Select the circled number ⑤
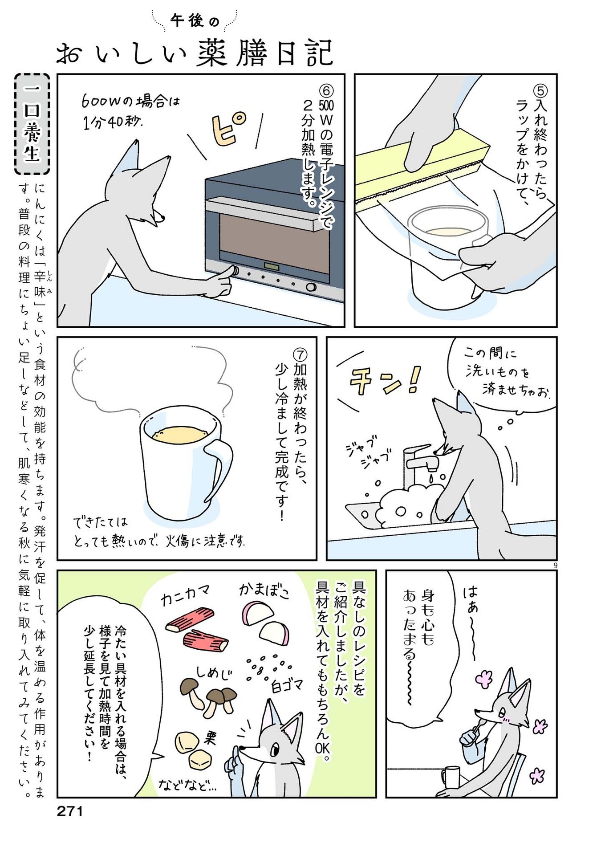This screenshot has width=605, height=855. pos(540,91)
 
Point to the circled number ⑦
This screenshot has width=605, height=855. pos(300,354)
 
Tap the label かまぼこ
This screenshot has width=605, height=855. pos(264,590)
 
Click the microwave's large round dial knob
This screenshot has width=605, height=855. pos(311,287)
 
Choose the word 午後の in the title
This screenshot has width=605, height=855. pos(195,20)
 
